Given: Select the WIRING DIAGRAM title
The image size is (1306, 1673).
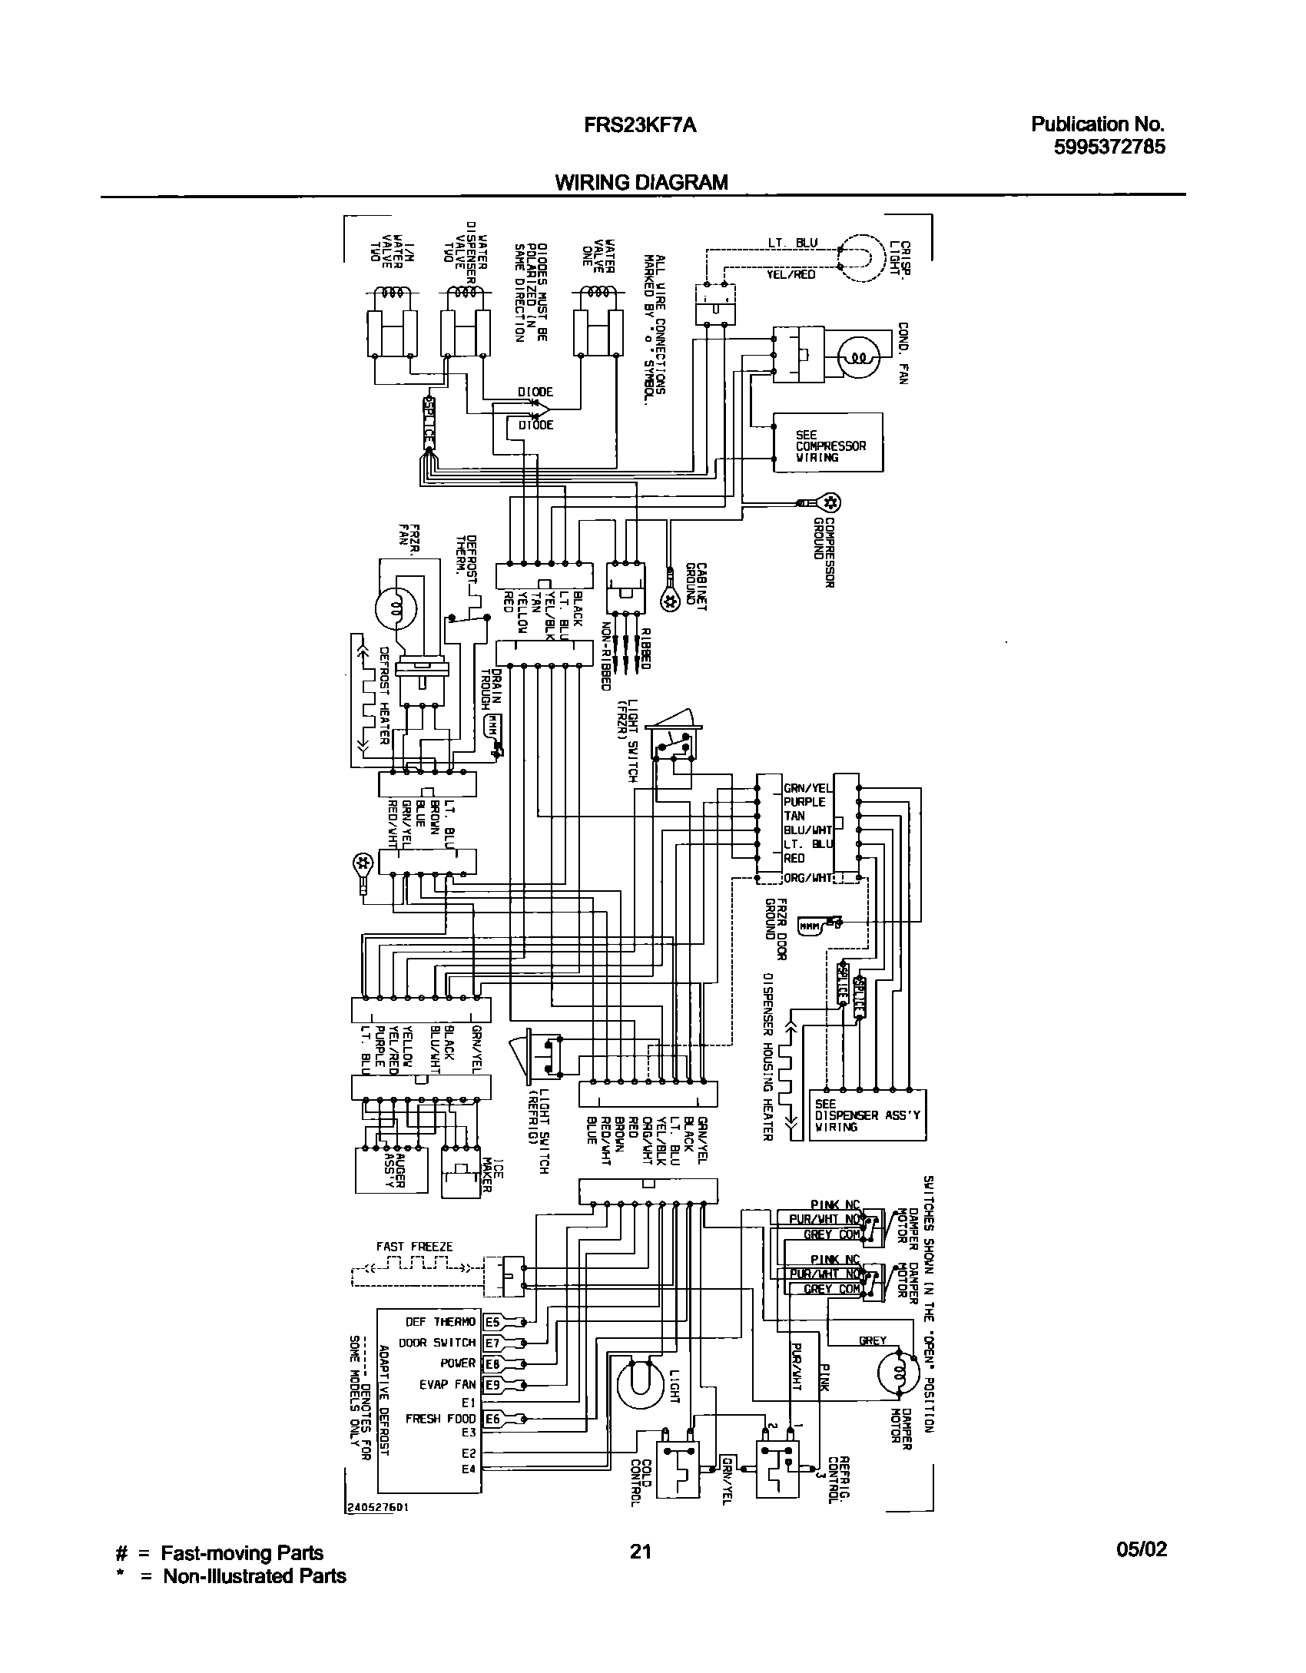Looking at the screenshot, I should [641, 182].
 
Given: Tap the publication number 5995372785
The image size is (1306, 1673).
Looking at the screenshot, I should [1109, 146].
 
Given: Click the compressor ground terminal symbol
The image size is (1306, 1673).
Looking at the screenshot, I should [829, 503].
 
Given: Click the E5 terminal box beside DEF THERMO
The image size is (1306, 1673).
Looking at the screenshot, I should [492, 1322].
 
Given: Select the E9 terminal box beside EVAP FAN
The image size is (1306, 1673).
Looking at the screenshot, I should [492, 1385].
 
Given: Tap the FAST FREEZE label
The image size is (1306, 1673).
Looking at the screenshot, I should [414, 1247].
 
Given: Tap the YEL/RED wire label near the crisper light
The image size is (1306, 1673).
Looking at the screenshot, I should [791, 274].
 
